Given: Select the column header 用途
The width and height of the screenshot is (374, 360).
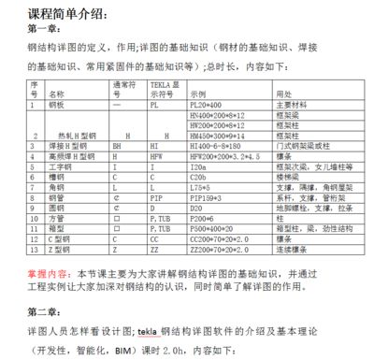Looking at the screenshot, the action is [x=280, y=94].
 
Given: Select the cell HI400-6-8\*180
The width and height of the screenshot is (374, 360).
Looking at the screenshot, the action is [x=214, y=145].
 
